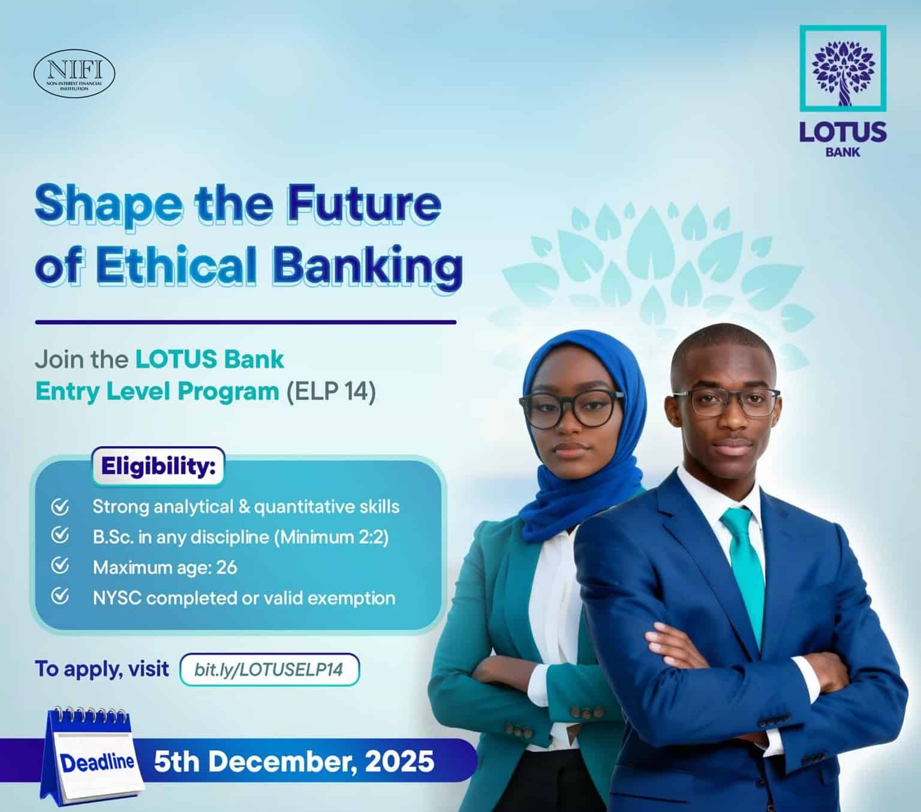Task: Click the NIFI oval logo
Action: [74, 74]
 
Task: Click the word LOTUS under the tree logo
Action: [842, 131]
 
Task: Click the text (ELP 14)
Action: [330, 392]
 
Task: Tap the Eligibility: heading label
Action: [158, 466]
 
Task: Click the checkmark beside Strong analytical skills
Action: [60, 507]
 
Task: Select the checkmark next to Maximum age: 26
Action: [60, 566]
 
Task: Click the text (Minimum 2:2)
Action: [332, 537]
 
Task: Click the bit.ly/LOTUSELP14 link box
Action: [269, 669]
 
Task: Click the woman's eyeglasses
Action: [570, 408]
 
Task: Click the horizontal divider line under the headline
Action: [245, 322]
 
